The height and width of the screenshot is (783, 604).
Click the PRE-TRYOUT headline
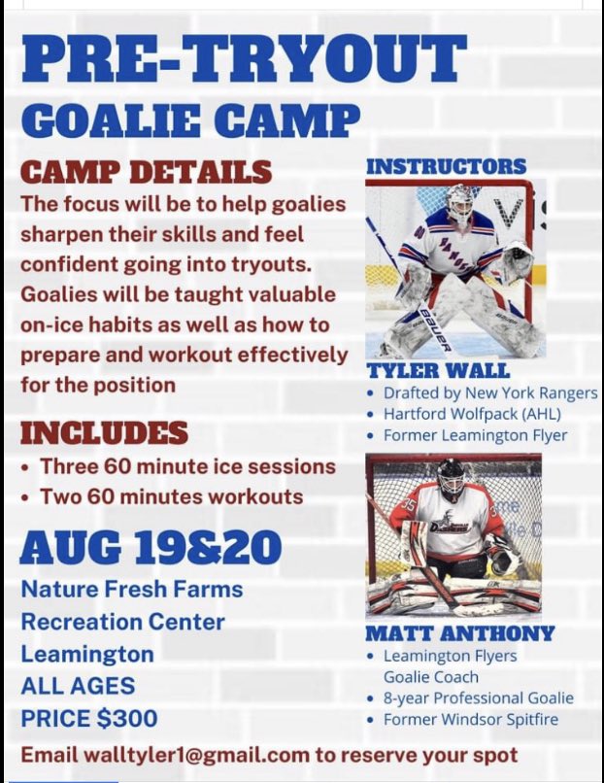243,59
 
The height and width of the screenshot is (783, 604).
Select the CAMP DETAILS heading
147,171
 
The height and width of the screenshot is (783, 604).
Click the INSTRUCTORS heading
446,166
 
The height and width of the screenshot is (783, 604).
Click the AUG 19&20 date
151,546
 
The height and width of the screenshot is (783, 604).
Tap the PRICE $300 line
89,720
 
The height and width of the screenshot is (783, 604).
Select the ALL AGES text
78,687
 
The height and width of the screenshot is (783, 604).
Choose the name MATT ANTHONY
460,633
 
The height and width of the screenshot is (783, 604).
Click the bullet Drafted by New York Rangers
490,393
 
